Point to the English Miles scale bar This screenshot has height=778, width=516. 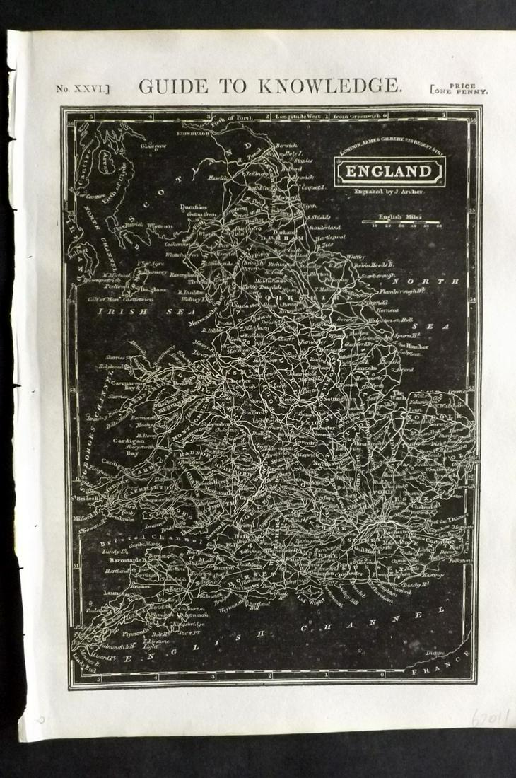(401, 223)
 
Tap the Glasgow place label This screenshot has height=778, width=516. (153, 146)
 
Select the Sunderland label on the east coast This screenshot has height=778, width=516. (324, 228)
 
